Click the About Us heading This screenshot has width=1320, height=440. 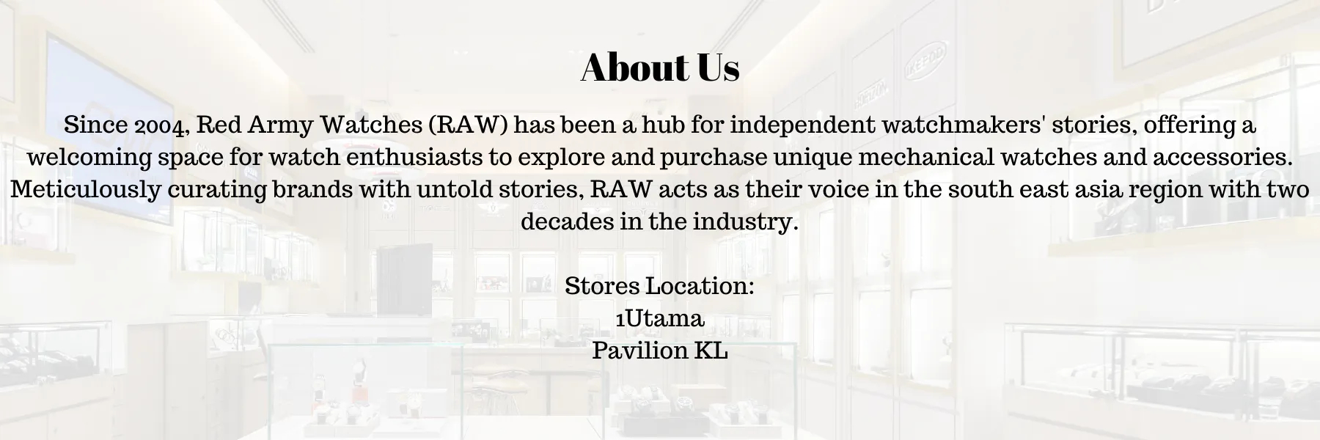(660, 67)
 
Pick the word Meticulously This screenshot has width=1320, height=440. (85, 190)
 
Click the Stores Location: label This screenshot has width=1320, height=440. (660, 286)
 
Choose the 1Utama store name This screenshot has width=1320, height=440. (660, 318)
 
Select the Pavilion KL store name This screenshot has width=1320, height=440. (660, 351)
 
